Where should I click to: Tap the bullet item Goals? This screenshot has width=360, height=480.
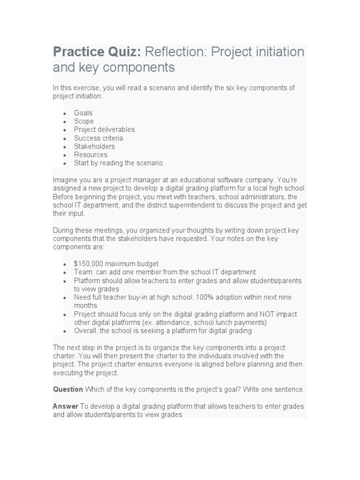pyautogui.click(x=83, y=113)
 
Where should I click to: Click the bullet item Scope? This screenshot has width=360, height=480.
pyautogui.click(x=83, y=121)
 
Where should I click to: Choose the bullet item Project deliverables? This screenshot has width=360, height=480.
pyautogui.click(x=104, y=129)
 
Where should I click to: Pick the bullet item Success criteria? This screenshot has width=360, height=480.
pyautogui.click(x=98, y=138)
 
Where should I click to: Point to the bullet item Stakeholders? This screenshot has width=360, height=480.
pyautogui.click(x=94, y=146)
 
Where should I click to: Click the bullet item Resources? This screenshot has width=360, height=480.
pyautogui.click(x=90, y=155)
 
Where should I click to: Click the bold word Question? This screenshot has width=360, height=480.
pyautogui.click(x=68, y=390)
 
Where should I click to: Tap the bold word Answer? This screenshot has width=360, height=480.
pyautogui.click(x=66, y=406)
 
